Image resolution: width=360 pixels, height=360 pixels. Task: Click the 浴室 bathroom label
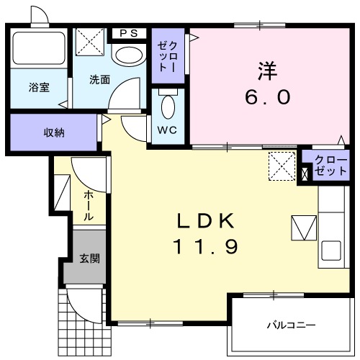(39, 87)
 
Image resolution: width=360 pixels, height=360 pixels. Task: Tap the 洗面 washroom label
(100, 79)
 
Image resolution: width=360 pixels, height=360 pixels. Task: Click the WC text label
(168, 131)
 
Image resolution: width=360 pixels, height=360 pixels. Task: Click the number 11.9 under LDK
(204, 247)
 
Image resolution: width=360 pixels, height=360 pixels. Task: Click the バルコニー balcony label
(291, 325)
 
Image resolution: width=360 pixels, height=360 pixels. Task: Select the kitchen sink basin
(333, 251)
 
